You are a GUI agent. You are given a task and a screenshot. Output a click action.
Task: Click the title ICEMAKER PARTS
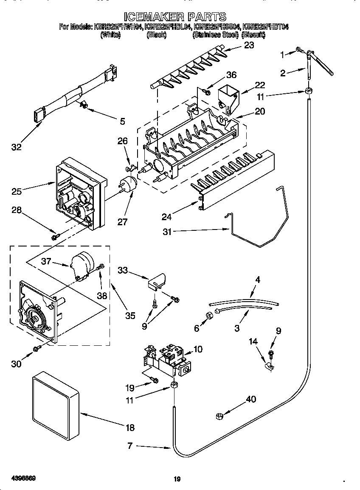(175, 17)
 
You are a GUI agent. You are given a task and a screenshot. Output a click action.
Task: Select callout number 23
(249, 45)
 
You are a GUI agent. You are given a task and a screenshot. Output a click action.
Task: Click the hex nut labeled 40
(220, 416)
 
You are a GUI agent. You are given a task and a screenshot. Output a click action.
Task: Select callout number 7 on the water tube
(130, 446)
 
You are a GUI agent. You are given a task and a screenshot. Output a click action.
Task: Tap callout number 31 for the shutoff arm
(167, 231)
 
